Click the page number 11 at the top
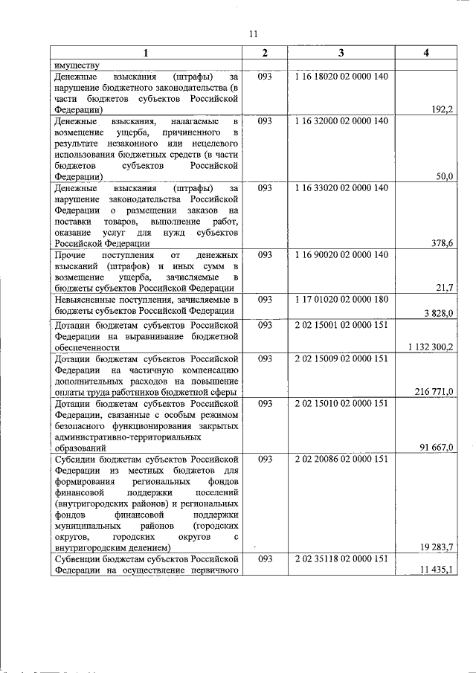tap(253, 34)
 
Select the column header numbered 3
tap(341, 53)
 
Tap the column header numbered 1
tap(145, 53)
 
